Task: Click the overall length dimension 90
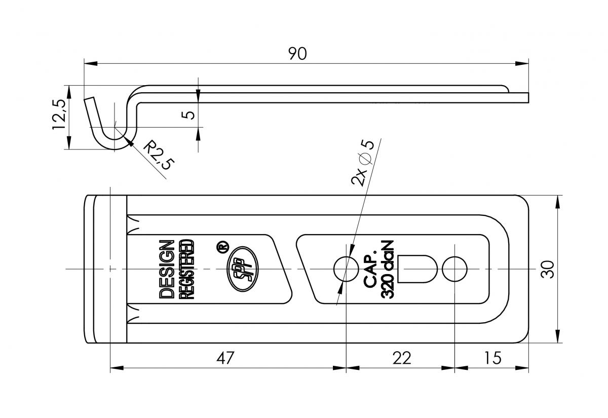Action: click(298, 54)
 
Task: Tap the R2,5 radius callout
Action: click(158, 156)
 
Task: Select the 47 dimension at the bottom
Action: click(225, 358)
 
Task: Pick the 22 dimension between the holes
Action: click(401, 358)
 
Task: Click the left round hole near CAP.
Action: click(345, 269)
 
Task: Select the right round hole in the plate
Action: click(454, 269)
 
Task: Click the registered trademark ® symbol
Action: click(221, 248)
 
